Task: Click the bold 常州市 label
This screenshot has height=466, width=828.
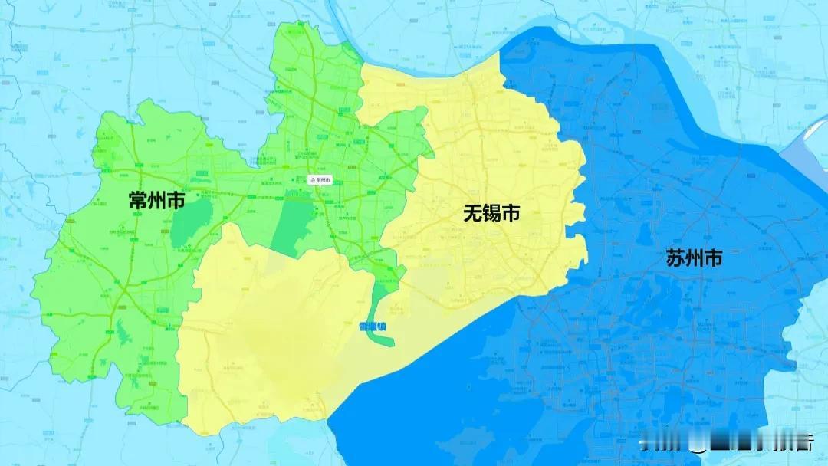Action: (156, 202)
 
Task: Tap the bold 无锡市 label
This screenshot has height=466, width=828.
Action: (491, 214)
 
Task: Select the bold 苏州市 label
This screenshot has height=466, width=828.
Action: (695, 258)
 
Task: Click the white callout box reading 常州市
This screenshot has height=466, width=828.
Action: (320, 179)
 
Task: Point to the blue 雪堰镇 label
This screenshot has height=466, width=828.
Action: (373, 327)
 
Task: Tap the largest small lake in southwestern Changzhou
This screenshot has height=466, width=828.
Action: (123, 333)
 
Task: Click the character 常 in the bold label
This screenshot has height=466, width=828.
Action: (138, 202)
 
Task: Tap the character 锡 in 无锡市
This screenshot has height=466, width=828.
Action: (491, 214)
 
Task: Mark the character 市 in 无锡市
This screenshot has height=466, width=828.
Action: (511, 214)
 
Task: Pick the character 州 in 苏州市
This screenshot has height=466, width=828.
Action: (695, 258)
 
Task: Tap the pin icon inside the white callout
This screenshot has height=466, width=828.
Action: (311, 179)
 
